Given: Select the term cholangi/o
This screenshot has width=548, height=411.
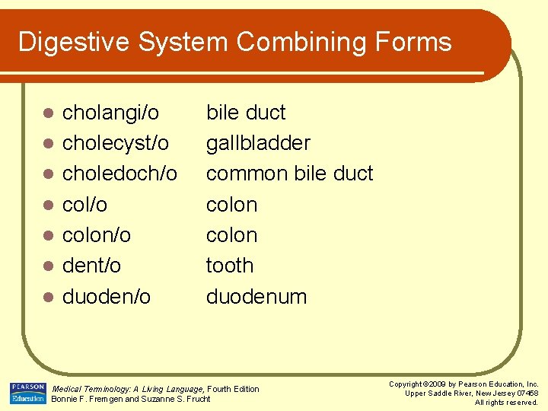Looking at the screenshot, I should coord(110,113).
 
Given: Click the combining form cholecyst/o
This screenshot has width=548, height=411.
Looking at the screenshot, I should coord(116,143).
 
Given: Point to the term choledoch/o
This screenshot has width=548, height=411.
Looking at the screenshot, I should coord(119,174).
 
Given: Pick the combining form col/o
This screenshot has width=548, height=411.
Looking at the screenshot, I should coord(84,205).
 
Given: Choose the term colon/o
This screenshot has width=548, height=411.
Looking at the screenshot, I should coord(97,235).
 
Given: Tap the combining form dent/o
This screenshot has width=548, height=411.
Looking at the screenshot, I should coord(91,266).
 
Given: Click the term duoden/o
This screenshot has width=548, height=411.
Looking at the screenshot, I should coord(107,296).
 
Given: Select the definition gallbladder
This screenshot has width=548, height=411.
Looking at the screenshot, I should coord(258,143).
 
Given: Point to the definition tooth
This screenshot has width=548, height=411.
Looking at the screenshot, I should coord(229,266).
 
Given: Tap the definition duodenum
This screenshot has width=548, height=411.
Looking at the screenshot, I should coord(256,296).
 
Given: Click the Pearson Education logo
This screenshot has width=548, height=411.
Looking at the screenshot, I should coord(27,393).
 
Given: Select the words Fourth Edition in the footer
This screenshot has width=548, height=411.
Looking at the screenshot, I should coord(233,389).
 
